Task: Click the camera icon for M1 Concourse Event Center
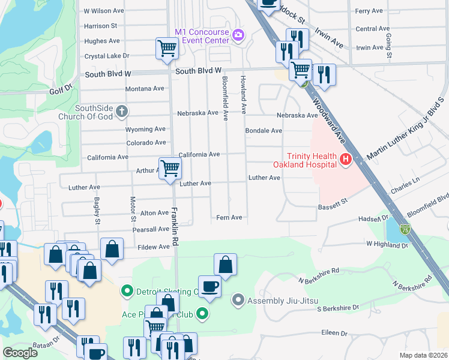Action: pos(238,35)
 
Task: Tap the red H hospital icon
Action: pos(345,160)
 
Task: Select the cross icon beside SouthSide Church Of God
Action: pos(122,112)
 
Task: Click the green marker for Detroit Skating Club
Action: pos(127,292)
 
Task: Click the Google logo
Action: pos(20,353)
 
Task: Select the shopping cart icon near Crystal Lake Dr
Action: pos(167,49)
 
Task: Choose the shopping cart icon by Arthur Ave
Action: pos(170,168)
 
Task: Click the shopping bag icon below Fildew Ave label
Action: pos(112,249)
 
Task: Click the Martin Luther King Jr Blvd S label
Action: pos(405,129)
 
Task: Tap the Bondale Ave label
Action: pos(264,130)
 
